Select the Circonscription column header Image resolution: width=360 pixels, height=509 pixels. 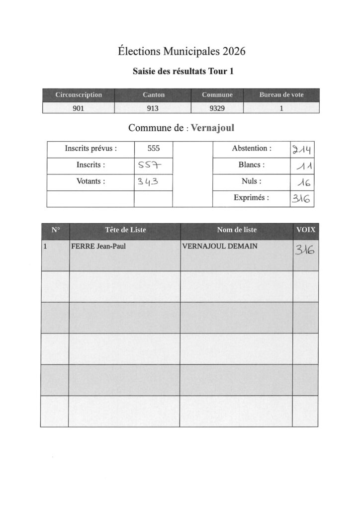[79, 94]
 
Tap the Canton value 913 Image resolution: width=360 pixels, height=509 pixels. [153, 108]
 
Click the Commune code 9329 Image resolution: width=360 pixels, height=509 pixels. [217, 108]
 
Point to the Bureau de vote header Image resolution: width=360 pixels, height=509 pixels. [281, 94]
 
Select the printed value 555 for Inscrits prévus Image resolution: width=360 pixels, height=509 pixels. [154, 149]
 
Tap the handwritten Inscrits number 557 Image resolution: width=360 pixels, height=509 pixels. [147, 166]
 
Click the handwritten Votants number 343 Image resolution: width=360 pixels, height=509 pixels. [147, 182]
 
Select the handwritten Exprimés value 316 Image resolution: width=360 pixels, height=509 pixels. [301, 199]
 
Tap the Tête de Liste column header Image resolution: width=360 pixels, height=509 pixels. [125, 230]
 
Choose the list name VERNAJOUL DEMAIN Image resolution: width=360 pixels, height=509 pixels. [220, 245]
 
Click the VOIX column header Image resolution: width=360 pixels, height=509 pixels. [305, 230]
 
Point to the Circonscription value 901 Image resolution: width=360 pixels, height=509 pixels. [79, 108]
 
